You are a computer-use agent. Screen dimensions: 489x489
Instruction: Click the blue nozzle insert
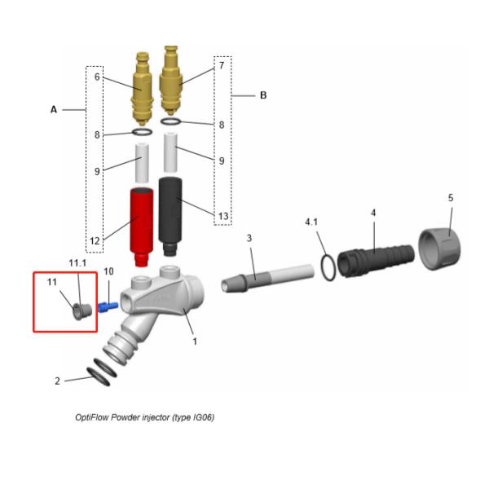pos(108,306)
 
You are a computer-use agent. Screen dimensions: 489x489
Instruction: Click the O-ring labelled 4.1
pos(328,267)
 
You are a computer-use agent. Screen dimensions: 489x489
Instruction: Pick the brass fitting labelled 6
pos(142,89)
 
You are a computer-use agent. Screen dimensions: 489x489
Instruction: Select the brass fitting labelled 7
pos(170,81)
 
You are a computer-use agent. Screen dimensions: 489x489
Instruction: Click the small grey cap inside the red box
pos(82,311)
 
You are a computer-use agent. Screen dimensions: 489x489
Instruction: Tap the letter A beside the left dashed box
pos(54,110)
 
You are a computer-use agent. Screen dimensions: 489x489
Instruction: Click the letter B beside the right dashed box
pos(263,95)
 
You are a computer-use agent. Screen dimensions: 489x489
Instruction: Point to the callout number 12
pos(95,240)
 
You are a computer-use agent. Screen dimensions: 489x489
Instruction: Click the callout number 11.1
pos(77,263)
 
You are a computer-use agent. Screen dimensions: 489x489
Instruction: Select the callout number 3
pos(249,238)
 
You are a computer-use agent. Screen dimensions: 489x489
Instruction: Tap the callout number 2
pos(57,381)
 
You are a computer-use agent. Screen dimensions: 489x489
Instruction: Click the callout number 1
pos(195,341)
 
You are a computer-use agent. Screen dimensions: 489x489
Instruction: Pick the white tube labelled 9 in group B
pos(170,152)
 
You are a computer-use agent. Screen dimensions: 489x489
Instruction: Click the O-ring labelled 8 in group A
pos(142,132)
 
